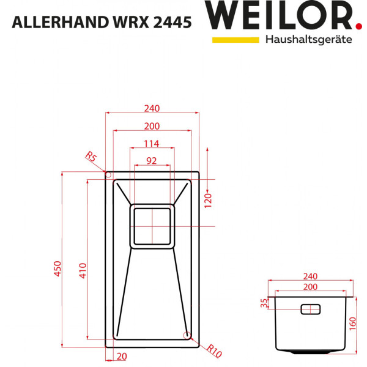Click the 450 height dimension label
[x=57, y=269]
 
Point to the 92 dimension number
[x=151, y=161]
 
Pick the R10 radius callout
[x=213, y=350]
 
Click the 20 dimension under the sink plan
[x=121, y=357]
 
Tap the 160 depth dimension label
[x=353, y=323]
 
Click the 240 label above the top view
[x=152, y=109]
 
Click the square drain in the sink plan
[x=152, y=226]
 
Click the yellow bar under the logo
[x=235, y=40]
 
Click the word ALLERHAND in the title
[x=51, y=23]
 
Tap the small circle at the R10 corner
[x=187, y=334]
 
